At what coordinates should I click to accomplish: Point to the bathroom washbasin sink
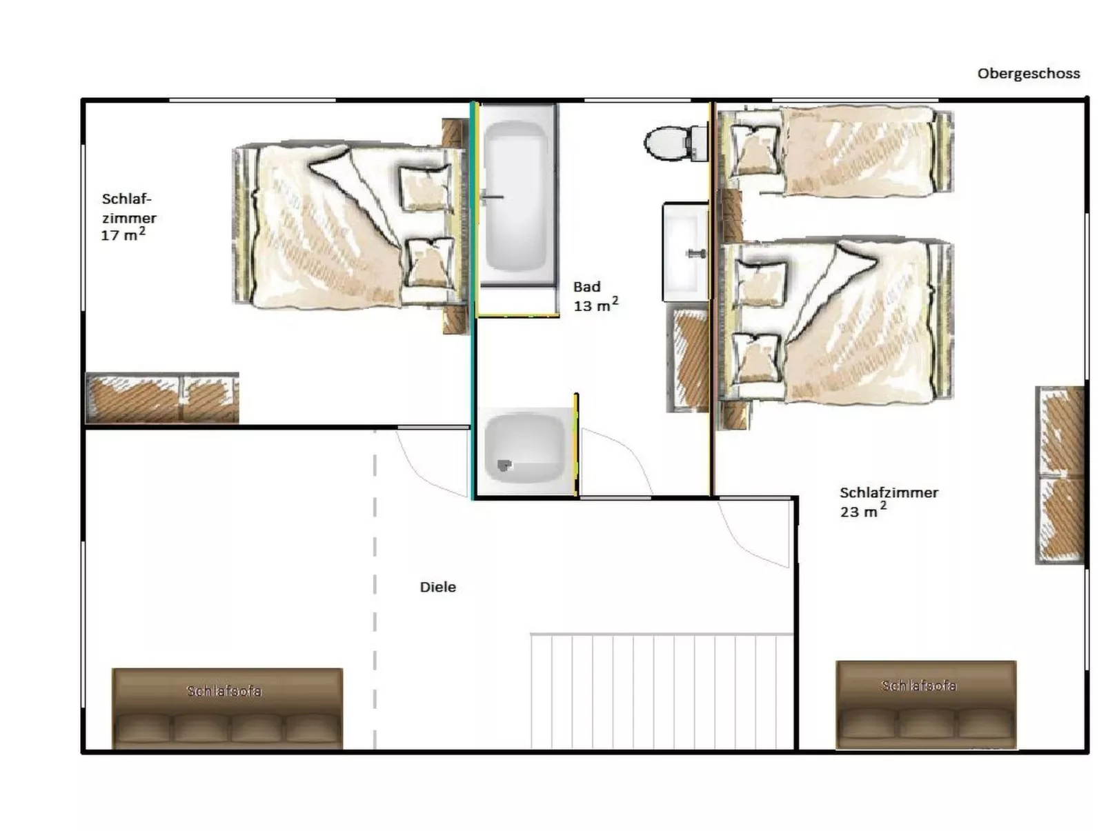click(686, 252)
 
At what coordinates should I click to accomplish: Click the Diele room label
click(437, 587)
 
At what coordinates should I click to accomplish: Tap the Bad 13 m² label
click(595, 296)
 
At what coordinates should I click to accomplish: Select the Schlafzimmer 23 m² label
click(889, 501)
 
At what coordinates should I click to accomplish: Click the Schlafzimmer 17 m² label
click(128, 217)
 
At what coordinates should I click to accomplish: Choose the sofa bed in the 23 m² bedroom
click(926, 704)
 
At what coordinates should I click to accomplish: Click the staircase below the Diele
click(661, 691)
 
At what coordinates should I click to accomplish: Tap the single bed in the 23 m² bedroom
click(835, 150)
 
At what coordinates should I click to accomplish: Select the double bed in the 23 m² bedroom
click(835, 321)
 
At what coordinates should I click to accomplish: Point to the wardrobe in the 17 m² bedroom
click(162, 398)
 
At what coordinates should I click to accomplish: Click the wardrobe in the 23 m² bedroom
click(1060, 474)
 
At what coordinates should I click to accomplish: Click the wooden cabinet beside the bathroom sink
click(688, 359)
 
